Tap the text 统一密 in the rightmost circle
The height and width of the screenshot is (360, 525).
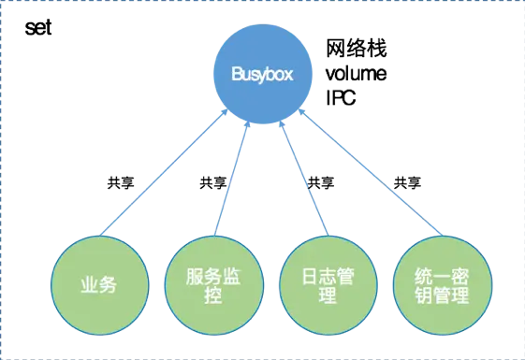tap(441, 276)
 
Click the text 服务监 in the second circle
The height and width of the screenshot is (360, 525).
tap(211, 276)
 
